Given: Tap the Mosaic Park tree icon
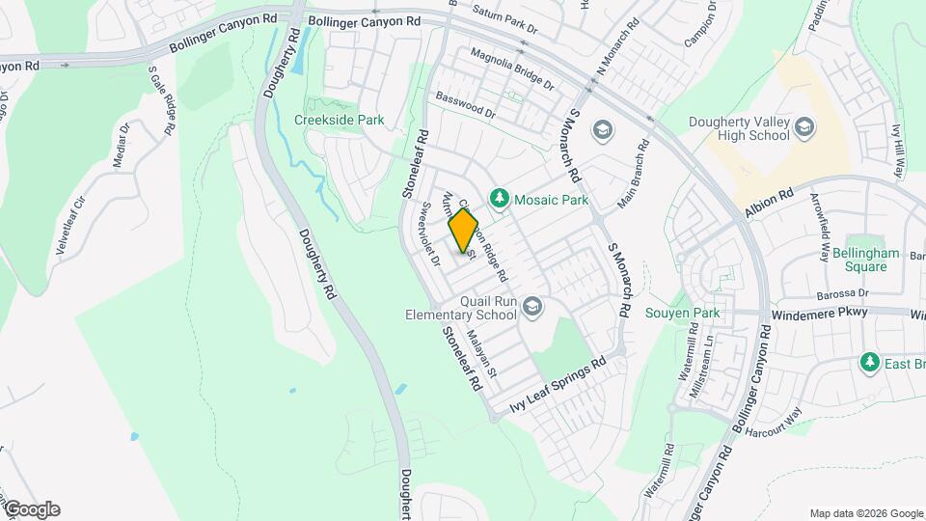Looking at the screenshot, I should tap(499, 199).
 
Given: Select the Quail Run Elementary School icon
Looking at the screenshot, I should tap(531, 308).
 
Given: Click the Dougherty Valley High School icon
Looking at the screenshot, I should tap(803, 127).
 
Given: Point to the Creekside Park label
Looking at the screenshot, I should tap(339, 121).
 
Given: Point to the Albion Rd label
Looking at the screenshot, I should tap(769, 202).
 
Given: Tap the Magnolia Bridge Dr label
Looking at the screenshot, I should tap(512, 70).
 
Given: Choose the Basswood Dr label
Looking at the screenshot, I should tap(464, 105).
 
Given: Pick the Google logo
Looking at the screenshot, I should tap(31, 509).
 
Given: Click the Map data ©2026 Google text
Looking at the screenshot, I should tap(865, 513).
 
